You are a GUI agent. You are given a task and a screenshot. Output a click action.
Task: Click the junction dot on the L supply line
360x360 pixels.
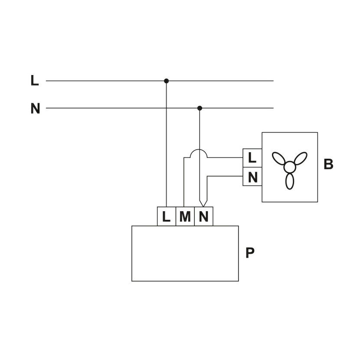point(167,81)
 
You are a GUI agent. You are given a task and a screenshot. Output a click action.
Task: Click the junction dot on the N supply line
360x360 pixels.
point(200,108)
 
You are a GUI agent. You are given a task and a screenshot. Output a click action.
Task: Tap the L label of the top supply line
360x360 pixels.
point(34,81)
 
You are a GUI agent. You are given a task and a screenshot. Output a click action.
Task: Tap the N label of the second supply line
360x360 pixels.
point(36,108)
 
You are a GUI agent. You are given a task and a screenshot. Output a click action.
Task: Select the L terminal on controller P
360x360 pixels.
point(167,216)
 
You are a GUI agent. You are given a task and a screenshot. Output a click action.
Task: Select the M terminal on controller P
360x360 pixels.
point(185,216)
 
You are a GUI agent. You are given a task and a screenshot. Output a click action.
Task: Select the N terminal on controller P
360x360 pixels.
point(204,216)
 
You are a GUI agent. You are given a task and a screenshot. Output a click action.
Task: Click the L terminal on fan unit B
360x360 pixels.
point(252,158)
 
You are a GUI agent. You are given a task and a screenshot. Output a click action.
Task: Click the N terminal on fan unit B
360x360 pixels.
point(252,177)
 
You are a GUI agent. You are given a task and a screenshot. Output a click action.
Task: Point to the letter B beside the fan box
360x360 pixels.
point(328,164)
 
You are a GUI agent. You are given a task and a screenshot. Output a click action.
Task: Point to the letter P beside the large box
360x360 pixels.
point(250,253)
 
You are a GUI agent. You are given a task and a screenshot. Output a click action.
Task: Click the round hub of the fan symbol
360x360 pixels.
point(290,167)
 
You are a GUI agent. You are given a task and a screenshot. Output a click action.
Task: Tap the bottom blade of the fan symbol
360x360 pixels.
point(290,181)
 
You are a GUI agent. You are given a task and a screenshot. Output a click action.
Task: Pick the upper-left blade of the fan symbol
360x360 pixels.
point(279,158)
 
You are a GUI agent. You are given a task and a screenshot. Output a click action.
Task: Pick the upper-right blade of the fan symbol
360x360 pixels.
point(301,158)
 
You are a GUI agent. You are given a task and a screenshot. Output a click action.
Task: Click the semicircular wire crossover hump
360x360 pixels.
point(199,150)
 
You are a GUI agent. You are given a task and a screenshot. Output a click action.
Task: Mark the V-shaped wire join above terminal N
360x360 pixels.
point(203,203)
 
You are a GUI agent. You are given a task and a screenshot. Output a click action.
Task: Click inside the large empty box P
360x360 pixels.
point(185,253)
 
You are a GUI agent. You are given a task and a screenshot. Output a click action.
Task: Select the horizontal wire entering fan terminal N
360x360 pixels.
point(225,176)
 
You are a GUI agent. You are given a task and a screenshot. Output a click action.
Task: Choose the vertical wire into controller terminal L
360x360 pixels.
point(167,144)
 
